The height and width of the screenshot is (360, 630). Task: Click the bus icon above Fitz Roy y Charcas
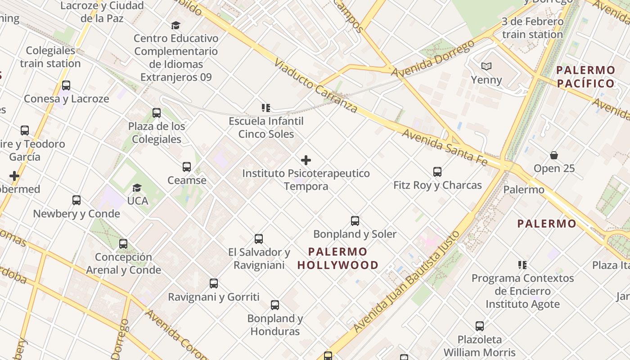(x=437, y=171)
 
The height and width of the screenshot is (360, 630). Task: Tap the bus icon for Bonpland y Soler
(x=355, y=220)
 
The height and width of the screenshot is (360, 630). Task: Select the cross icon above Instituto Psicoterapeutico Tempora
(x=306, y=160)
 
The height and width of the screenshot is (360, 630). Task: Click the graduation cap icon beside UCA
(x=137, y=188)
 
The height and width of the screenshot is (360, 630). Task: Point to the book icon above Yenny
(x=486, y=67)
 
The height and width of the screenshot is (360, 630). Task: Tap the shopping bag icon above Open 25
(x=554, y=155)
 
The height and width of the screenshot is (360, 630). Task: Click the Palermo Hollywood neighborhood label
(x=338, y=258)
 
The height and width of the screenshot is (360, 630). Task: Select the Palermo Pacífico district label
(x=585, y=76)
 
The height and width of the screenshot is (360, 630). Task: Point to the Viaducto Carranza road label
(x=315, y=86)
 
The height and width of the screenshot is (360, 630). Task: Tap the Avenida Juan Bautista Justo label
(x=407, y=282)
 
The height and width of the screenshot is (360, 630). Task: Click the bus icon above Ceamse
(x=187, y=167)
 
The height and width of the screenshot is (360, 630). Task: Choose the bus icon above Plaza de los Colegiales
(x=157, y=113)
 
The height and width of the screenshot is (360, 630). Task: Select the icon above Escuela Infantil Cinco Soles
(x=266, y=108)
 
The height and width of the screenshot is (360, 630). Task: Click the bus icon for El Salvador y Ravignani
(x=259, y=238)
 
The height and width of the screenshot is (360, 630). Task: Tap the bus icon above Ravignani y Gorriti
(x=214, y=283)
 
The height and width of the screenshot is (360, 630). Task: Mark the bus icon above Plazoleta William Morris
(x=480, y=326)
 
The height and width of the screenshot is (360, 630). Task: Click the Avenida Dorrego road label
(x=433, y=58)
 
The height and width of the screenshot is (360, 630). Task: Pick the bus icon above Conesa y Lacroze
(x=66, y=85)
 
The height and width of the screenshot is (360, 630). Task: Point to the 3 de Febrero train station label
(x=532, y=28)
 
